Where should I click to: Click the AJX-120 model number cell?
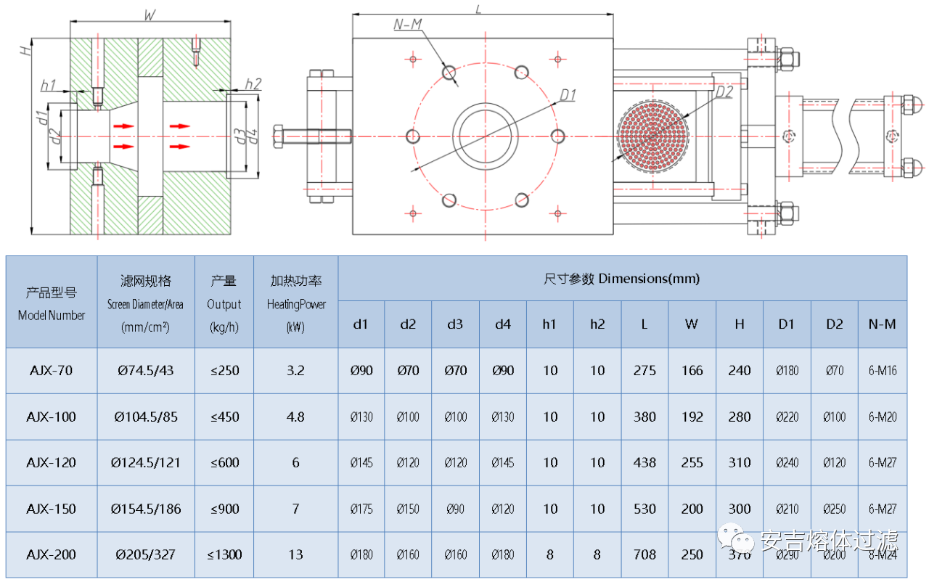(x=52, y=463)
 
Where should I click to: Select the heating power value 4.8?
(x=295, y=417)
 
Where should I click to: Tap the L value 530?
(x=644, y=509)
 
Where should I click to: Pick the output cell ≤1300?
(x=224, y=555)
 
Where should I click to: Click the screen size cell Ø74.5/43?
(x=146, y=371)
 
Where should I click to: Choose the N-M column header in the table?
(x=882, y=324)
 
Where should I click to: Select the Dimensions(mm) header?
(x=621, y=279)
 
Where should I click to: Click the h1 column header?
(x=549, y=324)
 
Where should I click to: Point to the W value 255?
(x=692, y=463)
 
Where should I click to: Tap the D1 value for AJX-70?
(x=787, y=371)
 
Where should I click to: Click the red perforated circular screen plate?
(x=651, y=136)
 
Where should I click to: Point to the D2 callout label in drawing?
(x=724, y=92)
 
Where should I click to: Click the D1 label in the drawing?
(x=567, y=95)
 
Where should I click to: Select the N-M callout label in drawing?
(x=408, y=25)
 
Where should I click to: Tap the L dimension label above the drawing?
(x=478, y=8)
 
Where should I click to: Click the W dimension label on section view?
(x=150, y=14)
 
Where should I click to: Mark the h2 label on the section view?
(x=253, y=83)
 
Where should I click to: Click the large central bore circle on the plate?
(x=485, y=136)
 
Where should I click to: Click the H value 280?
(x=739, y=417)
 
